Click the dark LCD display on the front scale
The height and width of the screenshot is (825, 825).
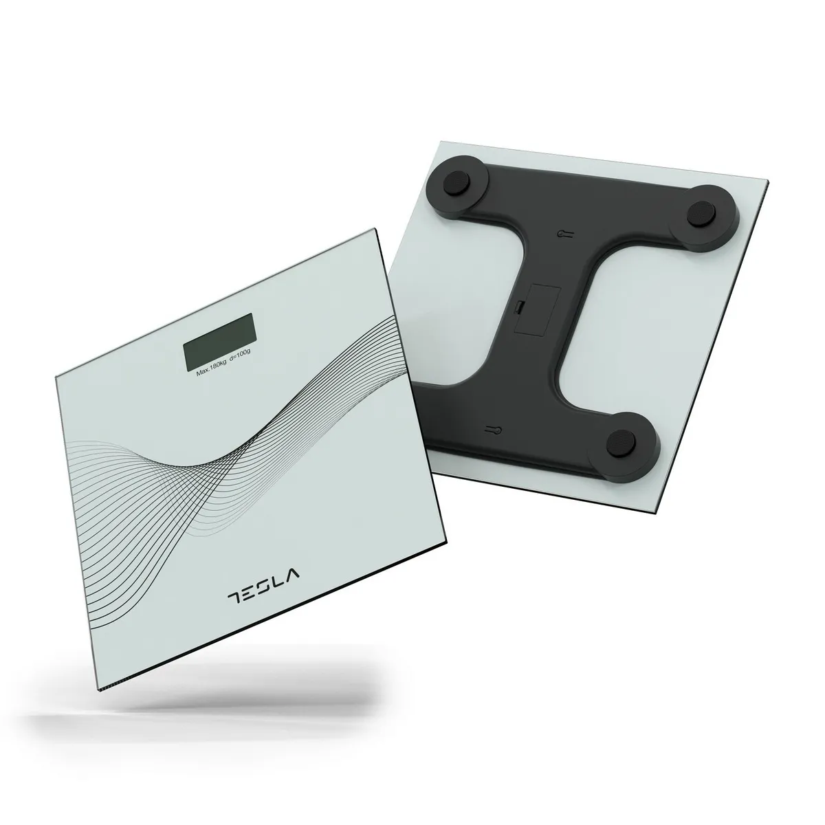click(x=219, y=338)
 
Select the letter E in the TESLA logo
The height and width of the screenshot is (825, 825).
click(x=251, y=591)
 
